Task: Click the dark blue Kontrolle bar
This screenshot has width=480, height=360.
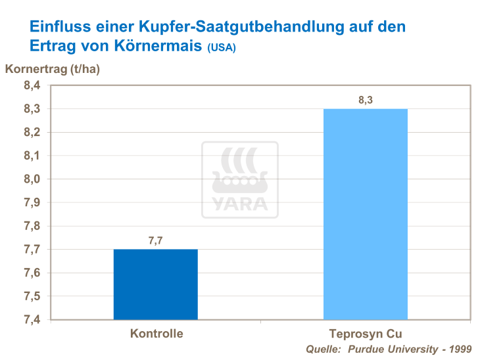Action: pos(156,284)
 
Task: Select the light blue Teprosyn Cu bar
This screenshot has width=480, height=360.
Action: pos(365,214)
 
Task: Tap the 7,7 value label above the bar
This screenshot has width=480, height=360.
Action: pos(156,240)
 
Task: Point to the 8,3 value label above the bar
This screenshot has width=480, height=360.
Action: pos(366,100)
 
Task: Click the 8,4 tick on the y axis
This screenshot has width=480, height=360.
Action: pos(32,85)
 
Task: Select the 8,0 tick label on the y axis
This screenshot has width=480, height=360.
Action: pos(32,179)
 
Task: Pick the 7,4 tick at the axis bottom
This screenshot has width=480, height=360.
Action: pos(32,320)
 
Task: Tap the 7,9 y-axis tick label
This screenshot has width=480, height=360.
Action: pos(32,202)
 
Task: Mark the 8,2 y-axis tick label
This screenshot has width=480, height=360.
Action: pos(32,132)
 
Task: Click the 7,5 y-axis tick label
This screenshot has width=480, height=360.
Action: pos(32,296)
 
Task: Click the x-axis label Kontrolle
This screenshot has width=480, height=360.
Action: pos(156,334)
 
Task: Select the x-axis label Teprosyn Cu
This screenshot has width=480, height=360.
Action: pos(366,334)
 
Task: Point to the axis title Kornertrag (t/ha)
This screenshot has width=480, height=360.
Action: pos(53,69)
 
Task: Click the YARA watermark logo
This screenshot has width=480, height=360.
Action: pos(239,179)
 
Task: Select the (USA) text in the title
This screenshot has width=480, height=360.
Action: pos(222,49)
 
